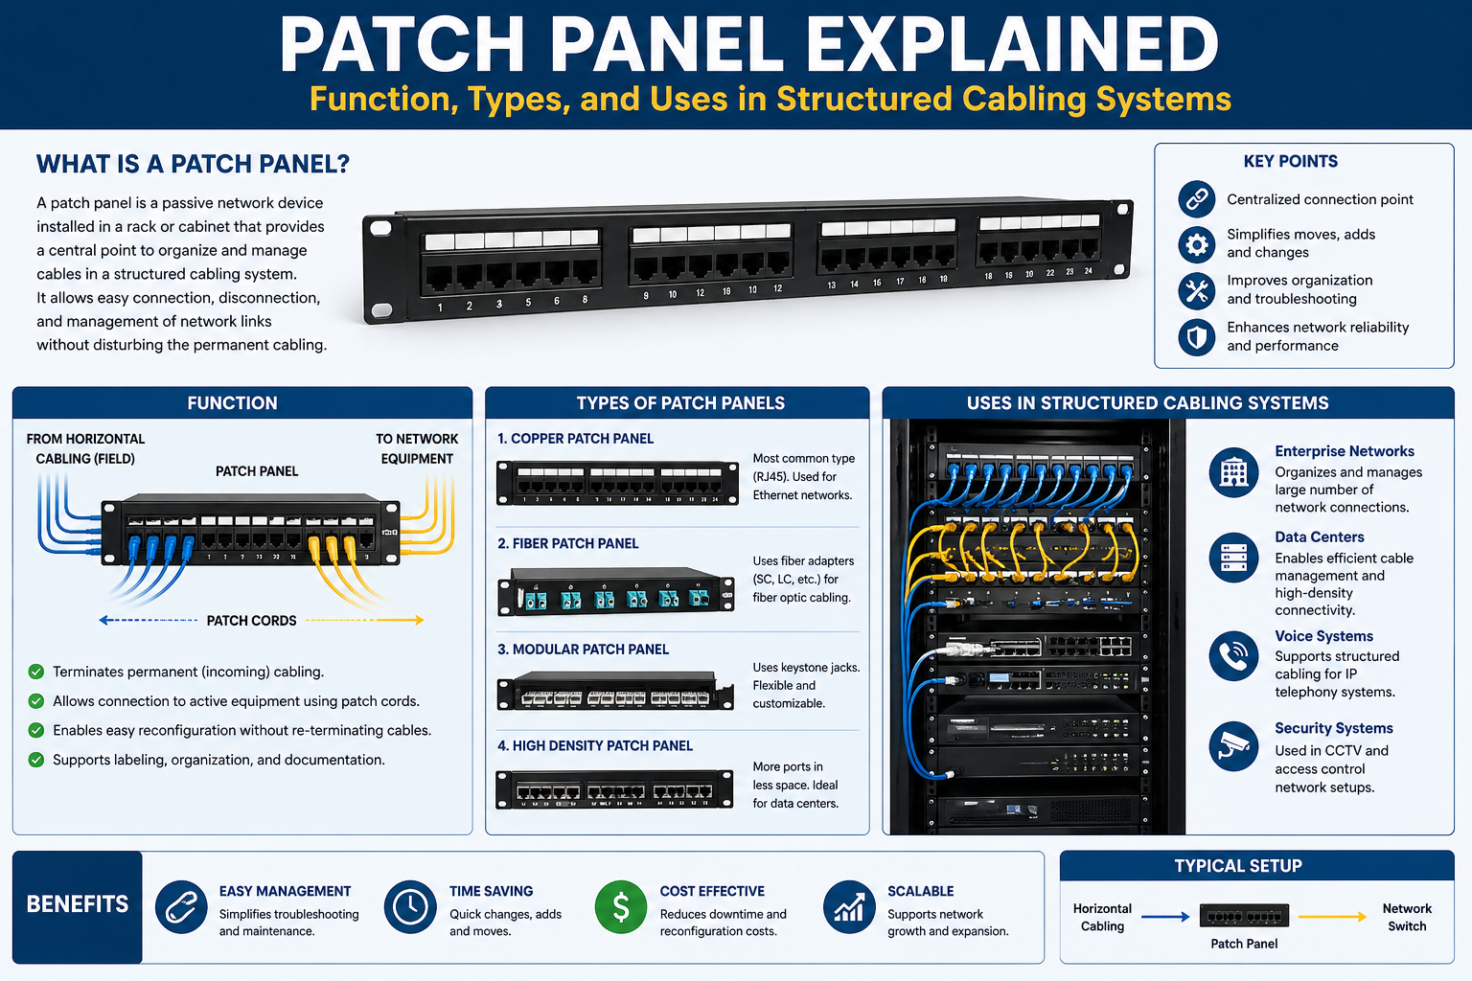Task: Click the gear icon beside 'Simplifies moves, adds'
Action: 1197,244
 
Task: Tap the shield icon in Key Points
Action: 1197,337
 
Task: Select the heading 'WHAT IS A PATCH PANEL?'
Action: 193,164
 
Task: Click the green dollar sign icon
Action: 620,906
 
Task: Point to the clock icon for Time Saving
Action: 410,906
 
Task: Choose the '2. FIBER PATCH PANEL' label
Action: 567,543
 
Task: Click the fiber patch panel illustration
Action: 615,592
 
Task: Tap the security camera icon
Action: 1233,746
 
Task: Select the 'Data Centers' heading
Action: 1319,537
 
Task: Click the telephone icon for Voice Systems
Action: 1233,655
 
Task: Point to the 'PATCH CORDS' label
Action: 251,621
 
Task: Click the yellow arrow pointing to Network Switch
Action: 1332,917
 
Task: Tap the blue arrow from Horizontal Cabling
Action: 1165,917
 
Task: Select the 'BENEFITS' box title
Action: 77,904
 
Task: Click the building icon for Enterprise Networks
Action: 1233,471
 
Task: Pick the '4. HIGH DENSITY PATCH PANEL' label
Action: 594,745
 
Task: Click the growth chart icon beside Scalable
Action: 848,906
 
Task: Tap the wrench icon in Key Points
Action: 1197,290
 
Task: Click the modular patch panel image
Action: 606,692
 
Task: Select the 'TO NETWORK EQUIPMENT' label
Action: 417,448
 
